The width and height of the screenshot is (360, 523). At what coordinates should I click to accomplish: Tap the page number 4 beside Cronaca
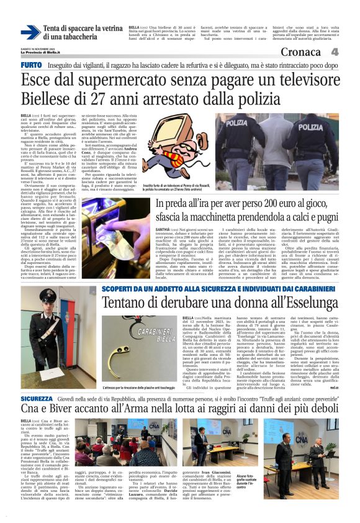[x=335, y=53]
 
